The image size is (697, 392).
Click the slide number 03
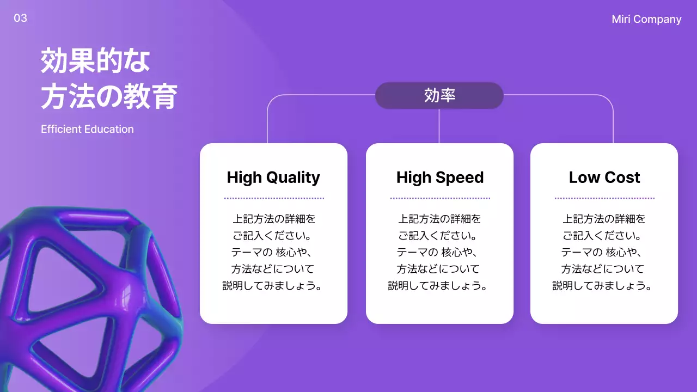[20, 19]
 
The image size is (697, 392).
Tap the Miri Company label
[646, 20]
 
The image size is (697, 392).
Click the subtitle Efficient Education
[87, 130]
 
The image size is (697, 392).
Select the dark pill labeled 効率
[439, 96]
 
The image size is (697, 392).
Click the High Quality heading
[273, 177]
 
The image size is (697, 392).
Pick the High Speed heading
[440, 177]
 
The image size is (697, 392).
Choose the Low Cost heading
[604, 177]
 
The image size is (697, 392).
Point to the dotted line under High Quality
[274, 198]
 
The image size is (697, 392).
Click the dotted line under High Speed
[440, 198]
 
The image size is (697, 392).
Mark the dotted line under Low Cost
[604, 198]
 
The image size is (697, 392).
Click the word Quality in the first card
[294, 177]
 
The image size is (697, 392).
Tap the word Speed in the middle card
[462, 177]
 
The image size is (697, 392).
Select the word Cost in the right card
[624, 177]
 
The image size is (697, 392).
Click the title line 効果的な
[95, 61]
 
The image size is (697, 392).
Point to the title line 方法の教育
[109, 97]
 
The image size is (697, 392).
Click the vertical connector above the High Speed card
[439, 126]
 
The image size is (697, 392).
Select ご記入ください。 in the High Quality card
[273, 236]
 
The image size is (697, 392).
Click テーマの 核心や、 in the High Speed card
[439, 253]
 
